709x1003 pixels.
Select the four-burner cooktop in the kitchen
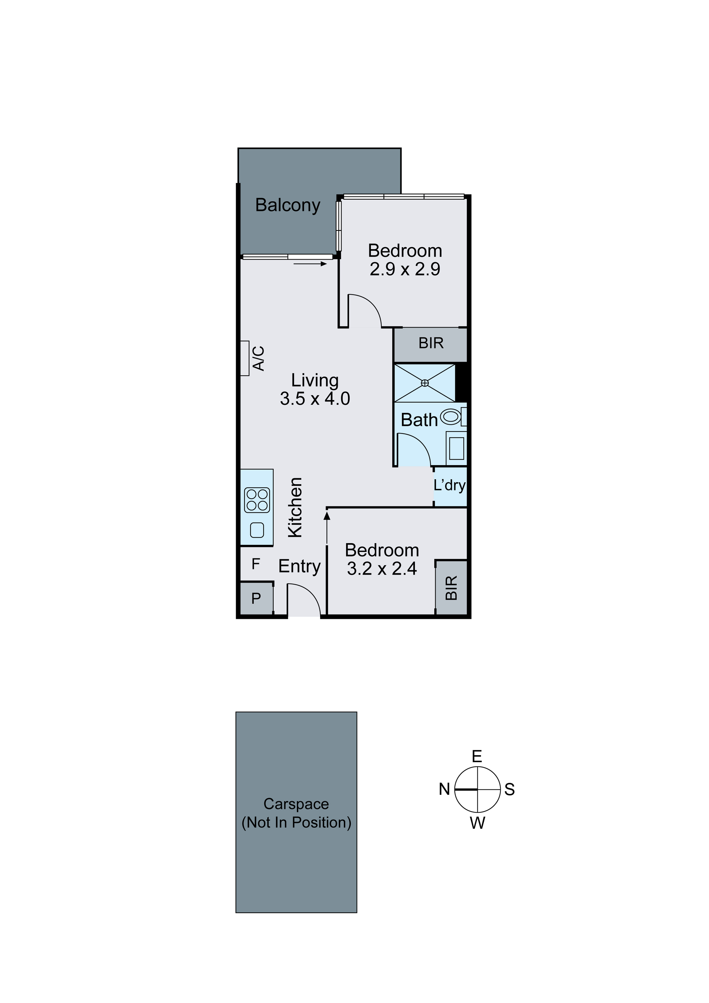(257, 500)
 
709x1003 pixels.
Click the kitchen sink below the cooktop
(257, 530)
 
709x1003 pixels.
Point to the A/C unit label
(259, 358)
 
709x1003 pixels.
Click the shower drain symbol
(425, 383)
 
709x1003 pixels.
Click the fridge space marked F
(256, 564)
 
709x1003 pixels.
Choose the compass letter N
(444, 789)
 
